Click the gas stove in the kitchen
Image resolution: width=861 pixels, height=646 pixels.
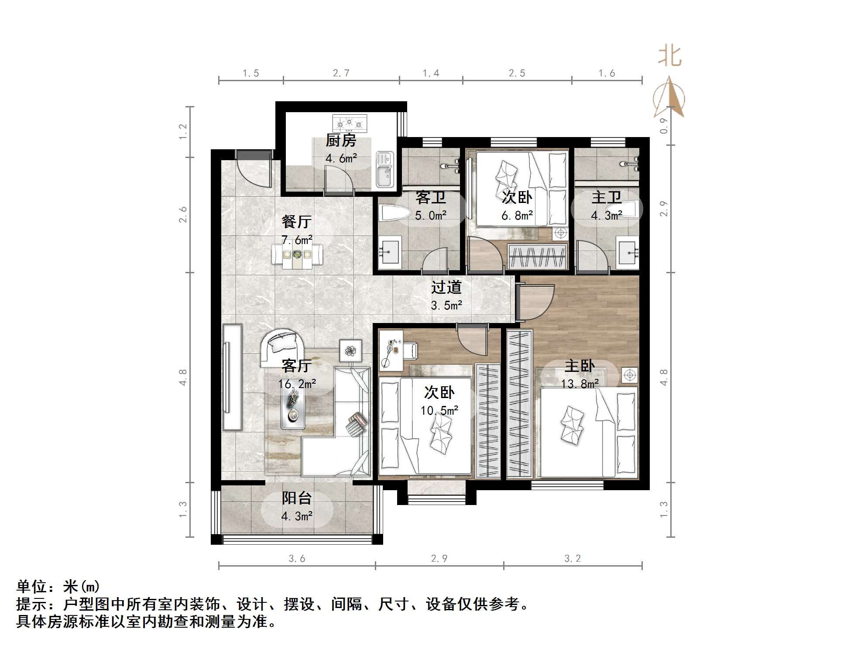(x=350, y=124)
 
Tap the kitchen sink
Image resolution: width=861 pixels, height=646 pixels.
(x=384, y=170)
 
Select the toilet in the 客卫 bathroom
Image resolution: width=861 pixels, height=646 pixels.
(x=394, y=214)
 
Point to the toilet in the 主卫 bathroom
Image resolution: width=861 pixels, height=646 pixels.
(x=631, y=210)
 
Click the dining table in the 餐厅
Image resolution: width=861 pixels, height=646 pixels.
(x=297, y=254)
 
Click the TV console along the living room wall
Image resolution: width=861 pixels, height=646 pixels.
(x=232, y=377)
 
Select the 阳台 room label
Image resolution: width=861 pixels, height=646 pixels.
(x=297, y=498)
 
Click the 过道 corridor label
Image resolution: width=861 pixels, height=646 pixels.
(x=446, y=287)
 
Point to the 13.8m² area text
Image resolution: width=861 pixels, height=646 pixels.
(x=580, y=384)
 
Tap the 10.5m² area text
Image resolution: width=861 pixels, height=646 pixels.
(x=439, y=411)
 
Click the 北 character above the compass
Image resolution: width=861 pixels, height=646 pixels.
(x=669, y=56)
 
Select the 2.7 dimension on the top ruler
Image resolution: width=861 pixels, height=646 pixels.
(x=341, y=73)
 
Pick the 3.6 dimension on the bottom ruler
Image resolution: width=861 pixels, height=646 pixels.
(x=297, y=559)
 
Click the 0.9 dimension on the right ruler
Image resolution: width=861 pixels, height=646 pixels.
(x=664, y=126)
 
